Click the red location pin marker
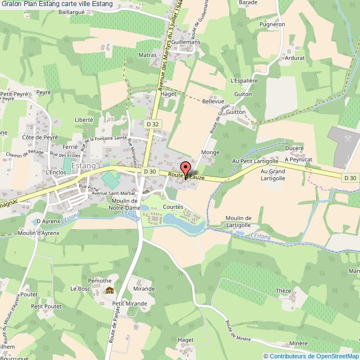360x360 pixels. coord(185,169)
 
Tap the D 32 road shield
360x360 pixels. coord(153,125)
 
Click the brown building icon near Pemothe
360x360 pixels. coord(110,290)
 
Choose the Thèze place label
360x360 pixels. coord(283,291)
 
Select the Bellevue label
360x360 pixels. coord(213,102)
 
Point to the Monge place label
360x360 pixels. coord(210,152)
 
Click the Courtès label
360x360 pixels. coord(173,207)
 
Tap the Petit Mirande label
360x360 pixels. coord(130,304)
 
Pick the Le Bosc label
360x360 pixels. coord(80,289)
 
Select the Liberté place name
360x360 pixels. coord(84,119)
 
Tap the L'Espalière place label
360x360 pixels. coord(244,80)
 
